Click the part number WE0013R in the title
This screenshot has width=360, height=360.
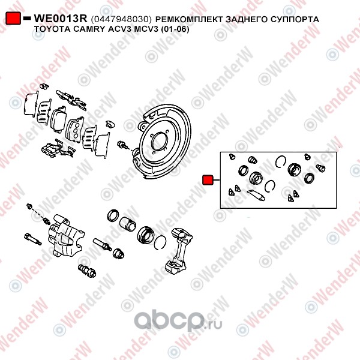click(x=61, y=19)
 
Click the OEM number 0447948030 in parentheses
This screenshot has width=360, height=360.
click(x=121, y=20)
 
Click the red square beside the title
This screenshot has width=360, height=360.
click(x=13, y=19)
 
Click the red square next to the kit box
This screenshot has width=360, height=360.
click(x=208, y=180)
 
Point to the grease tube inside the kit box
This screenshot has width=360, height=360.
click(x=256, y=195)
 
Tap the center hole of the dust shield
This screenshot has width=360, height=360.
click(x=159, y=142)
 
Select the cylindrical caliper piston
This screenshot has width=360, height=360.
click(x=128, y=224)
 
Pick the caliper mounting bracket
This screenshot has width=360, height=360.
click(x=179, y=251)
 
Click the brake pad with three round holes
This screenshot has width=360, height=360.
click(x=75, y=130)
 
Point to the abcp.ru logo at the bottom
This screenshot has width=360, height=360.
click(x=178, y=322)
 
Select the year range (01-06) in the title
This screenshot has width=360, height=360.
click(x=175, y=29)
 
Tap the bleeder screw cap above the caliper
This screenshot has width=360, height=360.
click(x=29, y=206)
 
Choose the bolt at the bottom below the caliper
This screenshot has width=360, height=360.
click(x=87, y=271)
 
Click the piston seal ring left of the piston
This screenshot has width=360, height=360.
click(x=113, y=215)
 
